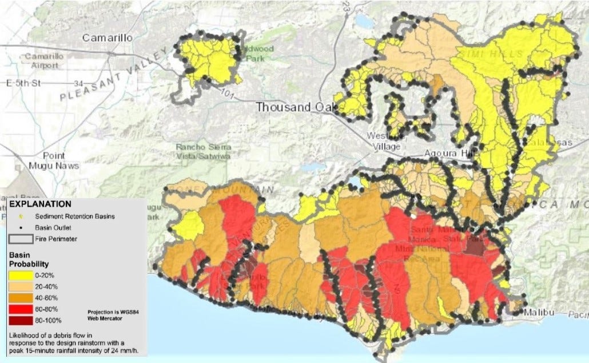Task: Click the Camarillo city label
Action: coord(108,38)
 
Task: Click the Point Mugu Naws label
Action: coord(54,160)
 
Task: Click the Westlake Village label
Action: coord(385,140)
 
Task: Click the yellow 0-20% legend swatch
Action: coord(20,276)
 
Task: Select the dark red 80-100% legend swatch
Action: coord(20,321)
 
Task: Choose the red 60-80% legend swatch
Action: coord(20,309)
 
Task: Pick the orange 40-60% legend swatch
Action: coord(20,298)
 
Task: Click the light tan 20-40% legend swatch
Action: coord(20,287)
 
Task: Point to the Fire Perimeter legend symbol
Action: coord(20,239)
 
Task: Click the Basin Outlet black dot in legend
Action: coord(21,228)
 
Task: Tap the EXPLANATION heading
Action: coord(41,204)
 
